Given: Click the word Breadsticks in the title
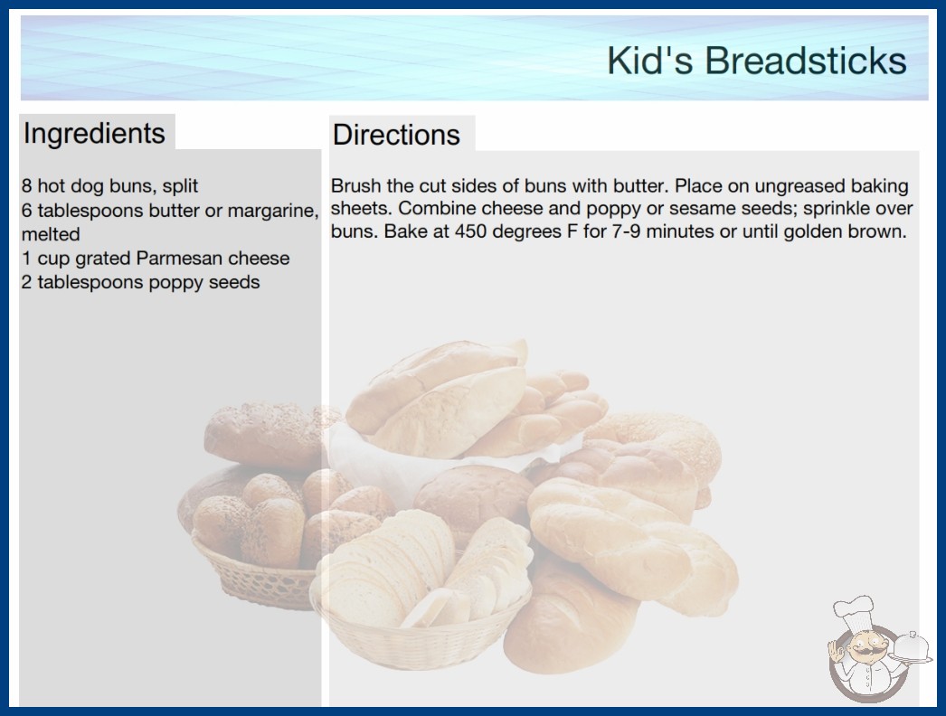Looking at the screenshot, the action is (806, 61).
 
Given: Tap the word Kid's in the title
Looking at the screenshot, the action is (650, 61).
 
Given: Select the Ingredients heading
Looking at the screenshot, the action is (93, 134).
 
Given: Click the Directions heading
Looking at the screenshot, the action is (396, 135).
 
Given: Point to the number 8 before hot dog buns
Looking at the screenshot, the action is (26, 186).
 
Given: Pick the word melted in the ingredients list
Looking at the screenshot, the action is (51, 234).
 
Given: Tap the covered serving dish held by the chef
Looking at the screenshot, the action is (911, 647).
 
